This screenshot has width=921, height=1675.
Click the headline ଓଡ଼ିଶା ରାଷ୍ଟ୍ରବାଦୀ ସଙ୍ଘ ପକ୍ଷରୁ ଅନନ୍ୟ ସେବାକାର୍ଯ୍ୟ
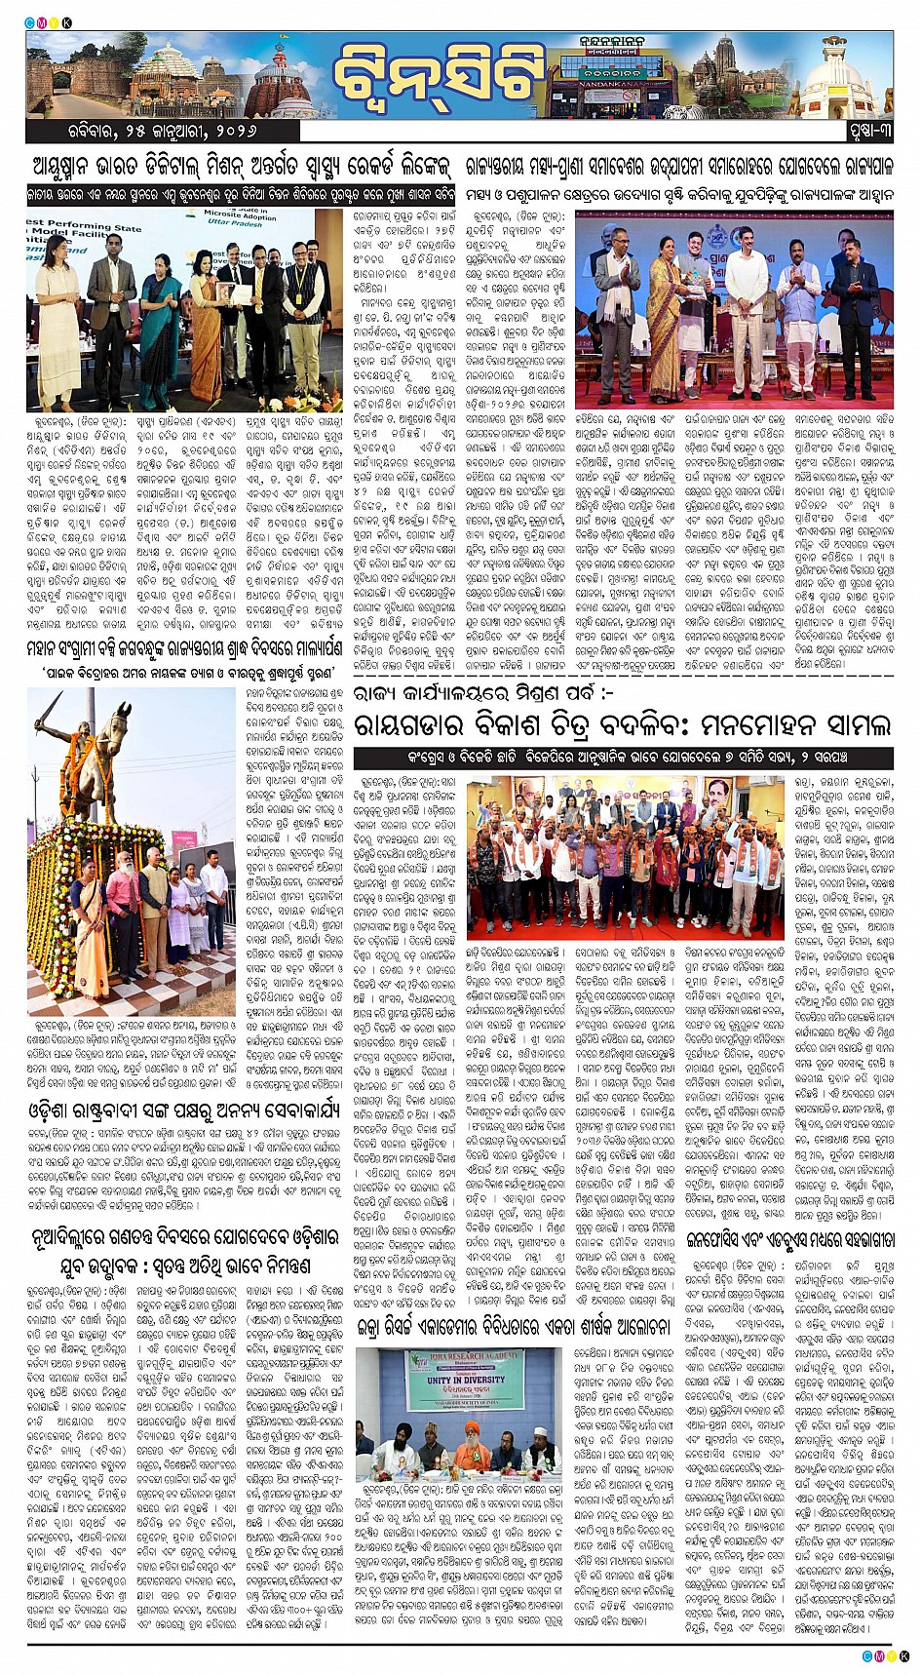click(185, 1108)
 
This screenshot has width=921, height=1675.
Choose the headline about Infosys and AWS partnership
click(790, 1239)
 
